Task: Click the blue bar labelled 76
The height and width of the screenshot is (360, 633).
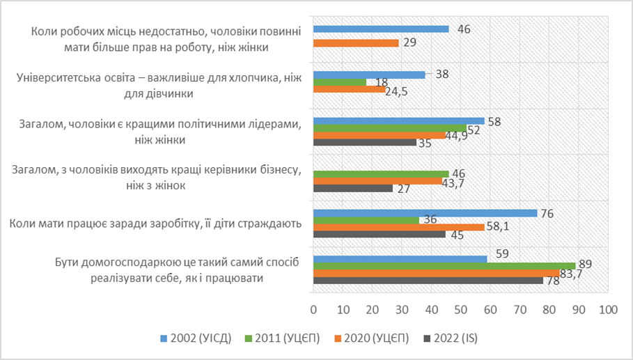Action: point(425,213)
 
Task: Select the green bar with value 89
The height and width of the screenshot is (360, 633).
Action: point(444,265)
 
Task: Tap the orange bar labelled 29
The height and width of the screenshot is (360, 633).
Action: point(356,43)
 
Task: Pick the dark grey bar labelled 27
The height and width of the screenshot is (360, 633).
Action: point(353,188)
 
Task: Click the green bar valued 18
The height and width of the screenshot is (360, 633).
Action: point(340,82)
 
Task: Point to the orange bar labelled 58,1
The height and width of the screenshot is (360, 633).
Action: point(398,227)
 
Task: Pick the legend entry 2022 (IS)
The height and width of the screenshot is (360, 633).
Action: point(456,338)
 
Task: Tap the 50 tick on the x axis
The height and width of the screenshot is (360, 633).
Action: point(460,308)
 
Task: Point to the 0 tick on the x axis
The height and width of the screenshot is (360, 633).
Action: point(313,308)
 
